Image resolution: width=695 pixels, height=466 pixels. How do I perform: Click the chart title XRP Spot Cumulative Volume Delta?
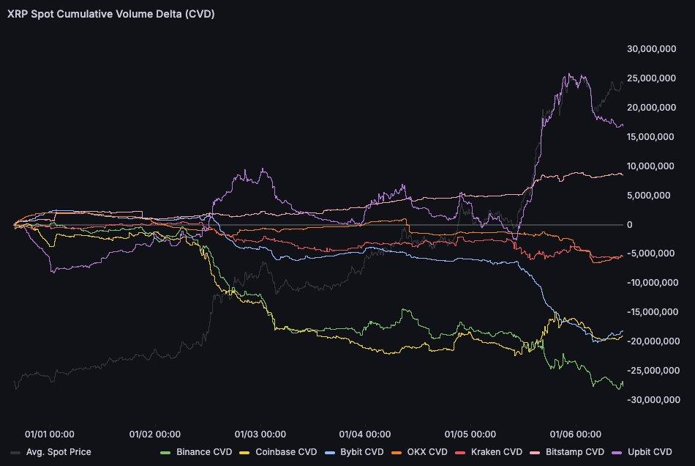click(110, 14)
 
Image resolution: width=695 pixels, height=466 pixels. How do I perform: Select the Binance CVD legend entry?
click(197, 452)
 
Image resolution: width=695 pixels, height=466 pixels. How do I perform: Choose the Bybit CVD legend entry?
click(362, 452)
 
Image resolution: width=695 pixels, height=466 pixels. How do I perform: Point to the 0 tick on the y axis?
click(630, 224)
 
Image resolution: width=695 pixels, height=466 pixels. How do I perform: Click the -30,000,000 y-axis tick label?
click(653, 399)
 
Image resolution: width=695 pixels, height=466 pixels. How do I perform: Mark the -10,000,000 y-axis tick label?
click(653, 283)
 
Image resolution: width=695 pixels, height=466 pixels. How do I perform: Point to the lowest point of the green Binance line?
click(619, 389)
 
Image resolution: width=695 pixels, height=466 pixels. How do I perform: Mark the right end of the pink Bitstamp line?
click(623, 174)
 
